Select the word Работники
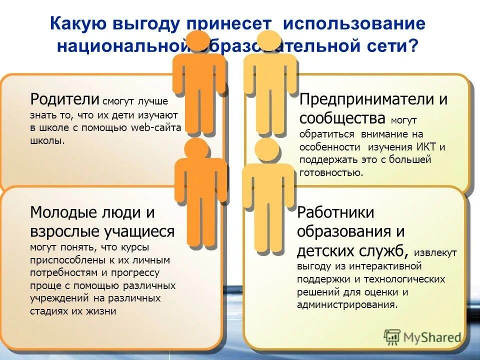(x=335, y=212)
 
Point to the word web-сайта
(x=156, y=127)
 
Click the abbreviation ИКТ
(x=426, y=147)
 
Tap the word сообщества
(x=342, y=118)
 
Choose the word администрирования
(x=347, y=304)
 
